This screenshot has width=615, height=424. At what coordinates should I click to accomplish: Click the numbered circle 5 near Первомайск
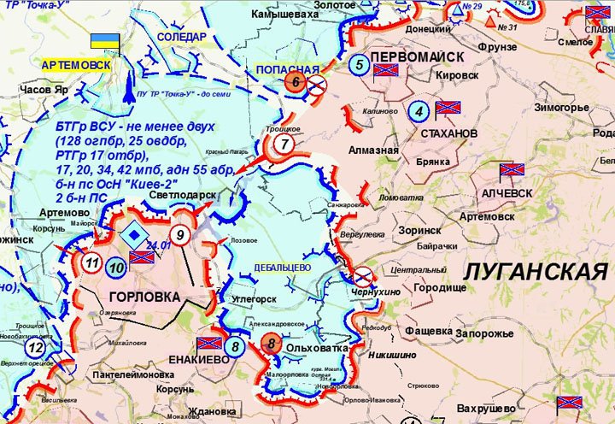click(360, 64)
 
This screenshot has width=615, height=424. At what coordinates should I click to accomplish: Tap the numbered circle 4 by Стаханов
click(418, 110)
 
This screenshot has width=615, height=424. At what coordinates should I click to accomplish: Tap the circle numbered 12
click(35, 349)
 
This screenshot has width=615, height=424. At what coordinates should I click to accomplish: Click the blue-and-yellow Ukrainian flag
click(106, 40)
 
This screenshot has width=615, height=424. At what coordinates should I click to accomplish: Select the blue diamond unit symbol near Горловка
click(132, 234)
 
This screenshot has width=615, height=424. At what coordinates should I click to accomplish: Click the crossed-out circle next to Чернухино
click(362, 275)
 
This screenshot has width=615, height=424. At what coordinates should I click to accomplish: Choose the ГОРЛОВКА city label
click(144, 297)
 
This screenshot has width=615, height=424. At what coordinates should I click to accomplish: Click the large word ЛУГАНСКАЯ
click(536, 273)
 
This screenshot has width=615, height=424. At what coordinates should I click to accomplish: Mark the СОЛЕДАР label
click(182, 37)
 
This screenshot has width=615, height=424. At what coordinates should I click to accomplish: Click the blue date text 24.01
click(159, 245)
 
